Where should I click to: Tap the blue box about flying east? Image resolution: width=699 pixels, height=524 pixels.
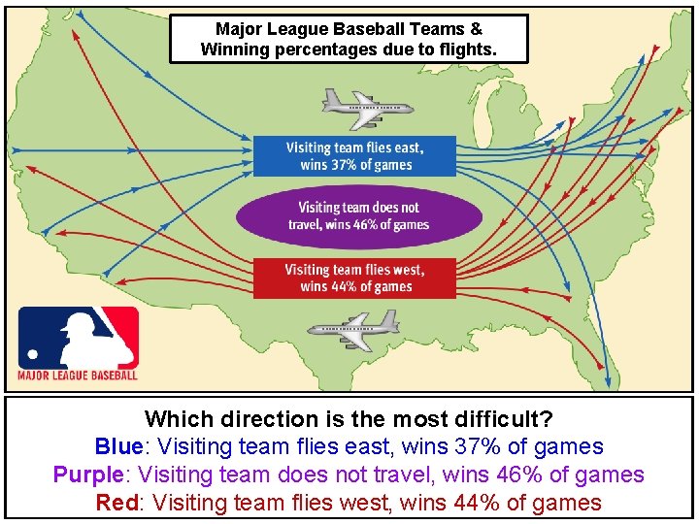tap(355, 156)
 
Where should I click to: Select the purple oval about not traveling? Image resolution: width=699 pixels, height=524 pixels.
tap(358, 215)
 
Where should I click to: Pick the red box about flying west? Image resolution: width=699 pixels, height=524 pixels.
tap(355, 278)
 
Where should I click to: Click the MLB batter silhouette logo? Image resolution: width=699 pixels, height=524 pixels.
tap(79, 337)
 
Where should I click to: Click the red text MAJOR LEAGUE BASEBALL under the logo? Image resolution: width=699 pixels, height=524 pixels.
tap(79, 376)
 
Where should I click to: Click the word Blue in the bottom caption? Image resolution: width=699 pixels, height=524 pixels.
tap(118, 447)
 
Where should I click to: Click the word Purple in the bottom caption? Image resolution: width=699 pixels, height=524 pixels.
tap(91, 475)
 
